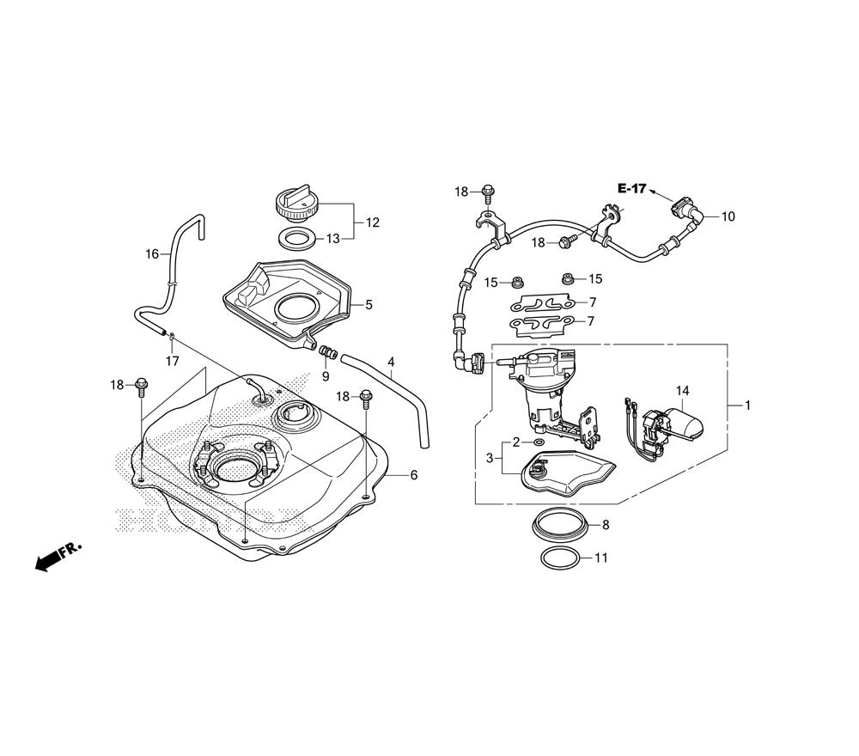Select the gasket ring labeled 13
(x=298, y=238)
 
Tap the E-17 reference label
(x=632, y=188)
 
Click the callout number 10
(x=728, y=217)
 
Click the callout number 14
(x=682, y=391)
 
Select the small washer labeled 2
(x=539, y=442)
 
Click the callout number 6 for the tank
(x=414, y=475)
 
